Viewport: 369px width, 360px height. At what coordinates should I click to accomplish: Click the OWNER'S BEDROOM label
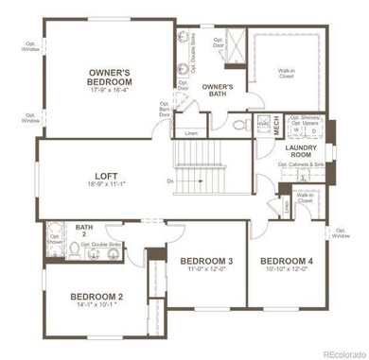pos(110,76)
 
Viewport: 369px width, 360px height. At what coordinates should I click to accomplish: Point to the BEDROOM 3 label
pos(206,260)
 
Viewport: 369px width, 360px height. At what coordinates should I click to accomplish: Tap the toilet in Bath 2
pos(73,249)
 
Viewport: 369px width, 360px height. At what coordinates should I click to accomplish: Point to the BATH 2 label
pos(84,231)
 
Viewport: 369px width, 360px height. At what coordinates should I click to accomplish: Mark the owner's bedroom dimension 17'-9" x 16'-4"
pos(110,91)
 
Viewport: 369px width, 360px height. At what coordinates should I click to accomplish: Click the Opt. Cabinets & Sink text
pos(302,164)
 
